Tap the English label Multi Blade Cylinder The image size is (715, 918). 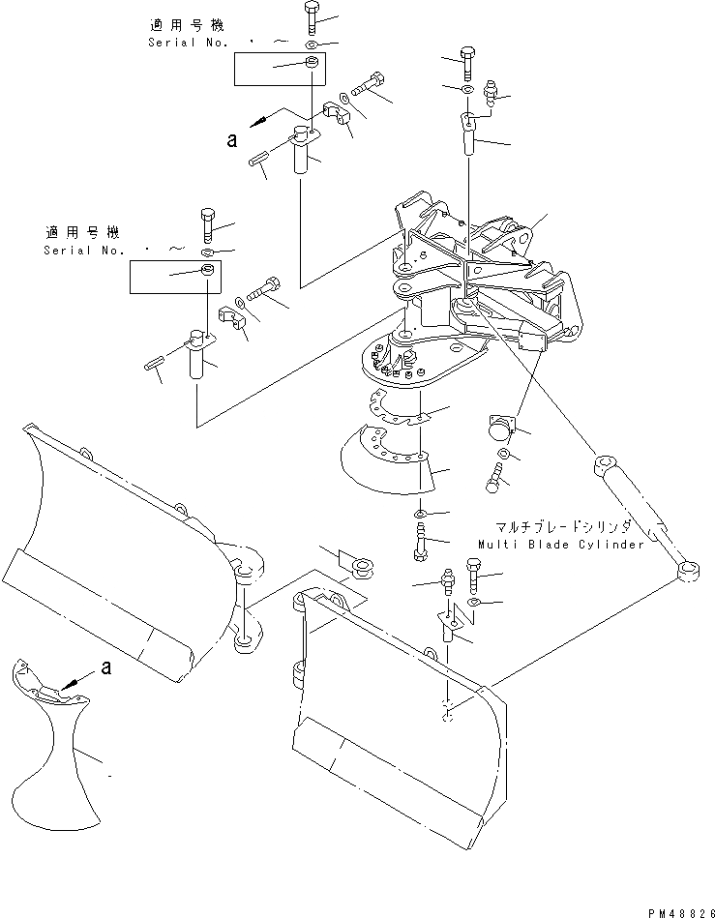click(x=560, y=545)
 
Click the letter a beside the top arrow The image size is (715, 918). click(x=231, y=140)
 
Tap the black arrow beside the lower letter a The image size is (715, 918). click(x=74, y=684)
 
